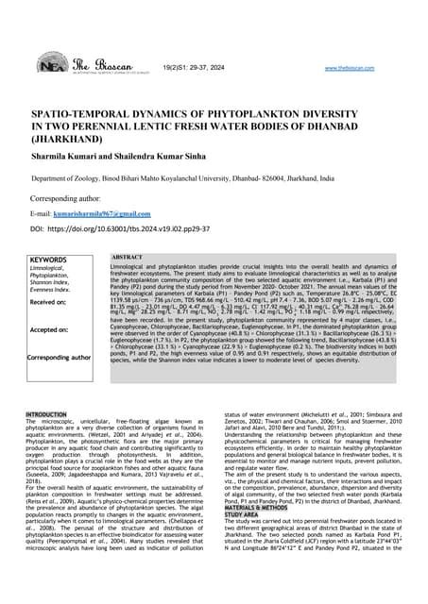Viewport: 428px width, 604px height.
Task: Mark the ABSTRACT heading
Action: tap(128, 257)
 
